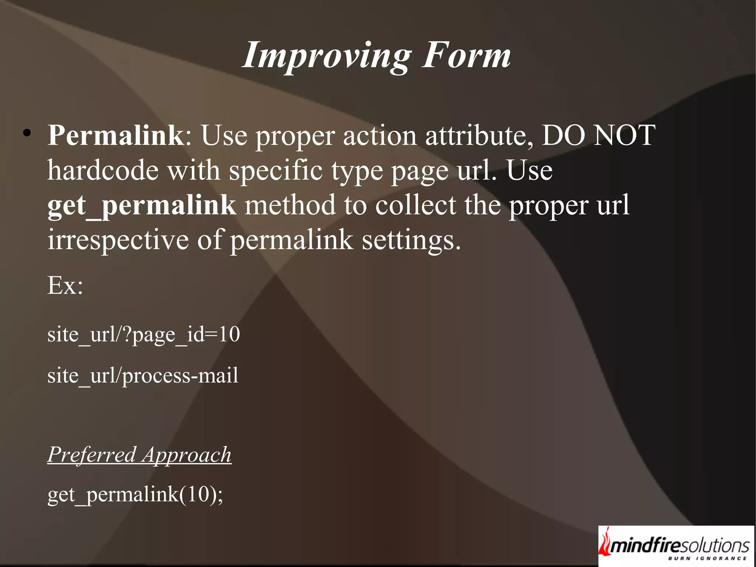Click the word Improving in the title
(327, 56)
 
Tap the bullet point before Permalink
(26, 133)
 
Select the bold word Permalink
(116, 136)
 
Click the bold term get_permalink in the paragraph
(141, 205)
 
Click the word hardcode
(103, 171)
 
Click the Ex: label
(65, 286)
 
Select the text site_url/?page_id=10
(144, 335)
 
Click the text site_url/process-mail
(143, 376)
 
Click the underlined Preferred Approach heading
(139, 455)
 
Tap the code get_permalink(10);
(135, 495)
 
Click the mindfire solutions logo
(676, 546)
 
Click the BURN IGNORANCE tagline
(707, 559)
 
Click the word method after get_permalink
(289, 205)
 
